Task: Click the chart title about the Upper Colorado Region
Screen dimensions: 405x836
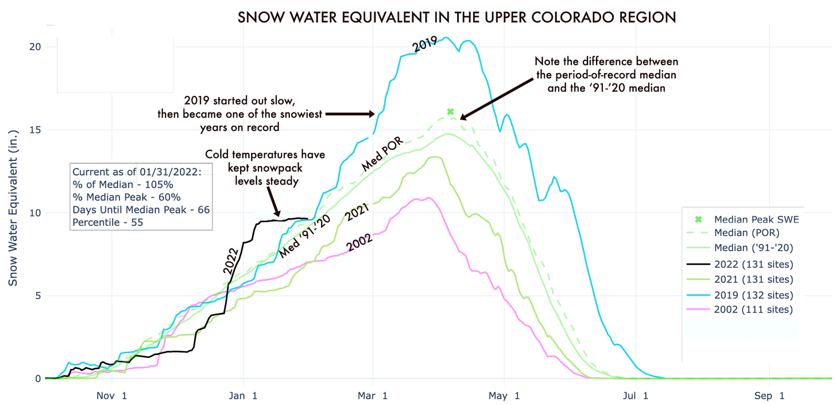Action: (x=456, y=18)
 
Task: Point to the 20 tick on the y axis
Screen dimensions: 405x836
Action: (x=35, y=47)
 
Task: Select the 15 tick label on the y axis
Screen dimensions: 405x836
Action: (x=35, y=130)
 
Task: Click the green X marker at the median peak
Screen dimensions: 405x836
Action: (x=450, y=111)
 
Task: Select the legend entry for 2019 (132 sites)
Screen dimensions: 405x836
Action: (x=753, y=295)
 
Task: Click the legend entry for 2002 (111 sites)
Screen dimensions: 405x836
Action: (x=753, y=310)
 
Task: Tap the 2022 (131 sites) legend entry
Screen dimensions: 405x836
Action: (x=753, y=265)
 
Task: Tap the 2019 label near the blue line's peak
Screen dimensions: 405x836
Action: (x=426, y=45)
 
